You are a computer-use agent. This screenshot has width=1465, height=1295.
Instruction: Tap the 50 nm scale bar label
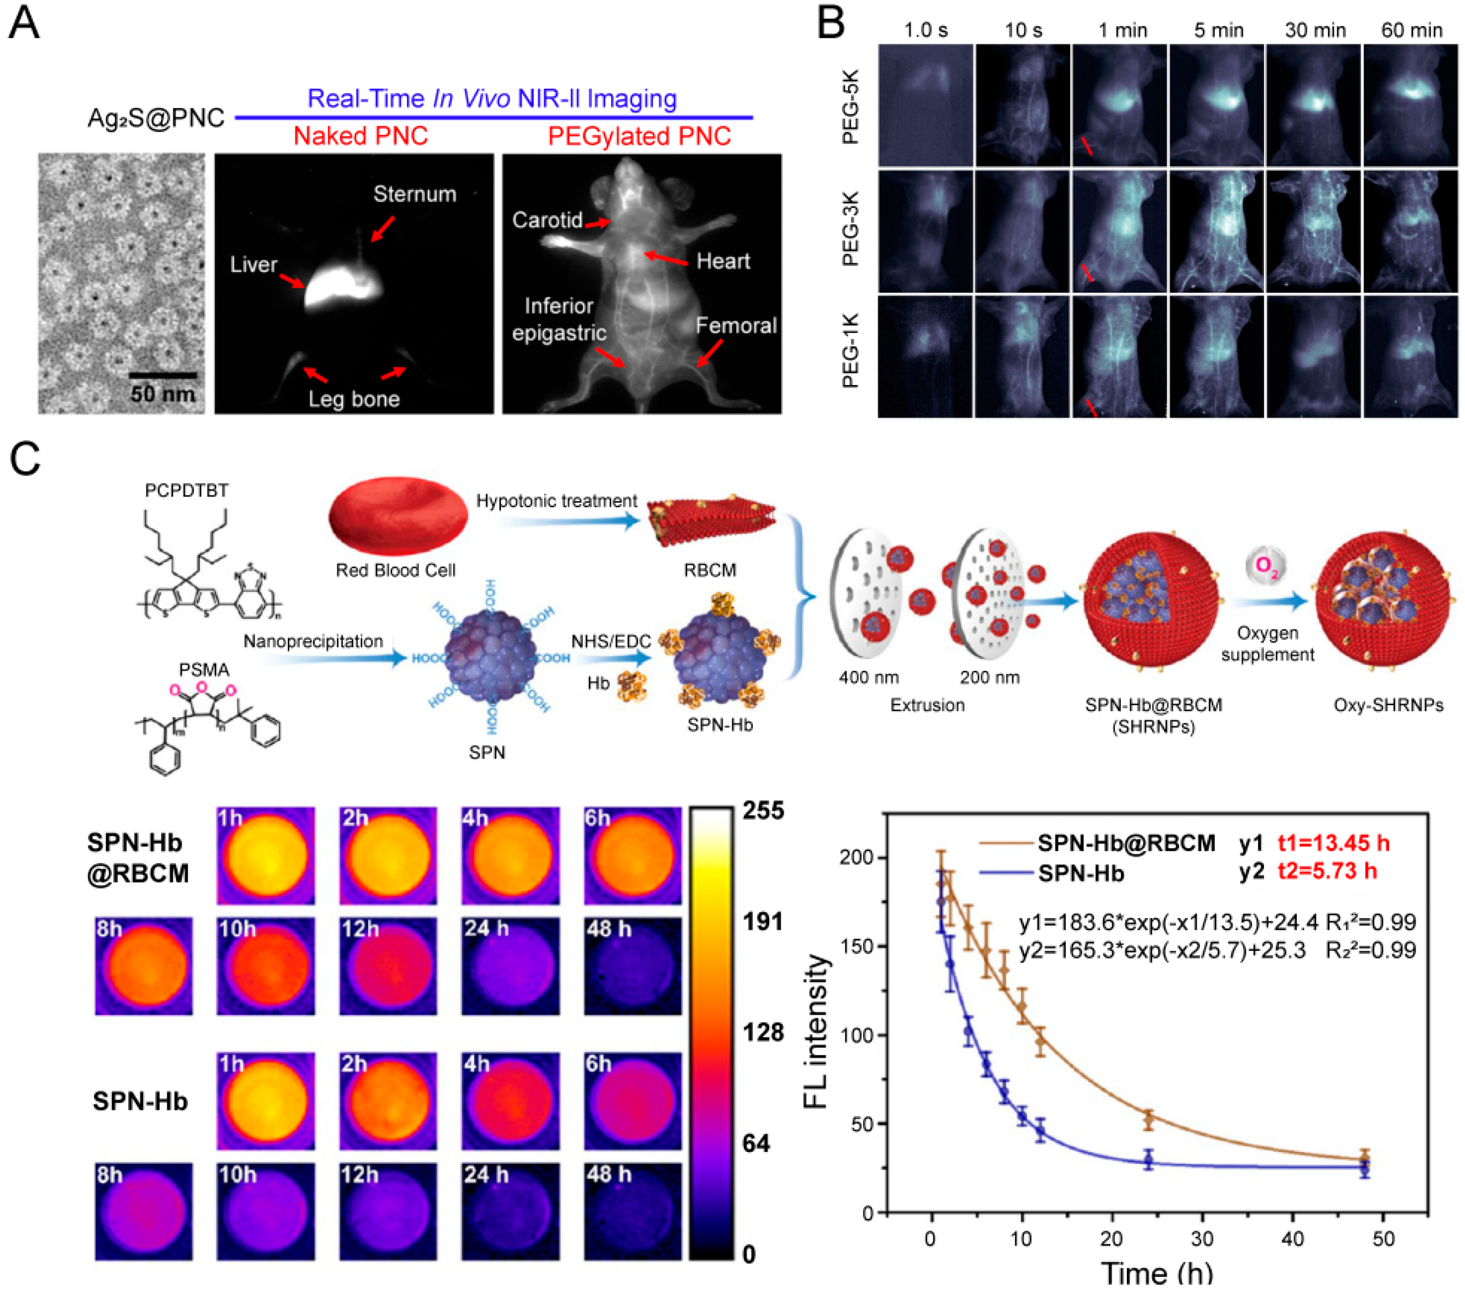(163, 393)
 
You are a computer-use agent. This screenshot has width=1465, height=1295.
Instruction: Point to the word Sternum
(414, 194)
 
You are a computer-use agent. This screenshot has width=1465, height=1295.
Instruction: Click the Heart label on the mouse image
(723, 261)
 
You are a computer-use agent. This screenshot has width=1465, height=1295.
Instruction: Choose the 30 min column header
(1315, 30)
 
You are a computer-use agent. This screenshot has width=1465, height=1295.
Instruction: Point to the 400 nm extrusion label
(868, 677)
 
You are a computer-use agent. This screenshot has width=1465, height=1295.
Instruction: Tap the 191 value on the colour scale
(763, 921)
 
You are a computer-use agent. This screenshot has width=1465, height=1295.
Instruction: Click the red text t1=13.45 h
(1333, 843)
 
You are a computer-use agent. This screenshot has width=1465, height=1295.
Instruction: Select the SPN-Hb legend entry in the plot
(1081, 873)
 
